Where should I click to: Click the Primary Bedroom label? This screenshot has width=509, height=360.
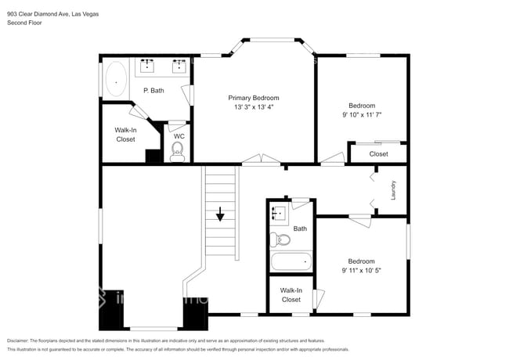point(253,98)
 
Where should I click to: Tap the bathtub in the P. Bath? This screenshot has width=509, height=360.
point(116,78)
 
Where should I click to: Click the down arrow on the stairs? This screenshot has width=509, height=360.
point(221,213)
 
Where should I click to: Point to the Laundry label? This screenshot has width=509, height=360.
point(394,189)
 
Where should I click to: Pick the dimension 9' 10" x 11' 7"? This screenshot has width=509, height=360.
point(361,115)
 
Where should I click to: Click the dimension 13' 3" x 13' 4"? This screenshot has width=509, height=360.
point(253,108)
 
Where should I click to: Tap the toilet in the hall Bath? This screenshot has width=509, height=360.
point(281,239)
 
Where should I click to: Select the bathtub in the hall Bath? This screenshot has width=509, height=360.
point(290,262)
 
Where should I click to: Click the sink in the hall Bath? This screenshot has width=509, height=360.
point(276,212)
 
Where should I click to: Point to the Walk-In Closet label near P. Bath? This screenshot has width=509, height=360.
point(125,135)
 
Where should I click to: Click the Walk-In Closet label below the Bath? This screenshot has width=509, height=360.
point(291,295)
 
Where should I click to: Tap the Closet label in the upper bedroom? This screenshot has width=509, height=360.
point(378,154)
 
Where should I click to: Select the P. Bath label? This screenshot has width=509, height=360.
point(153,91)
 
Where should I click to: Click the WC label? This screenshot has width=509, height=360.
point(179,136)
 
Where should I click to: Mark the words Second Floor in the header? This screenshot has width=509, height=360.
point(24,23)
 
